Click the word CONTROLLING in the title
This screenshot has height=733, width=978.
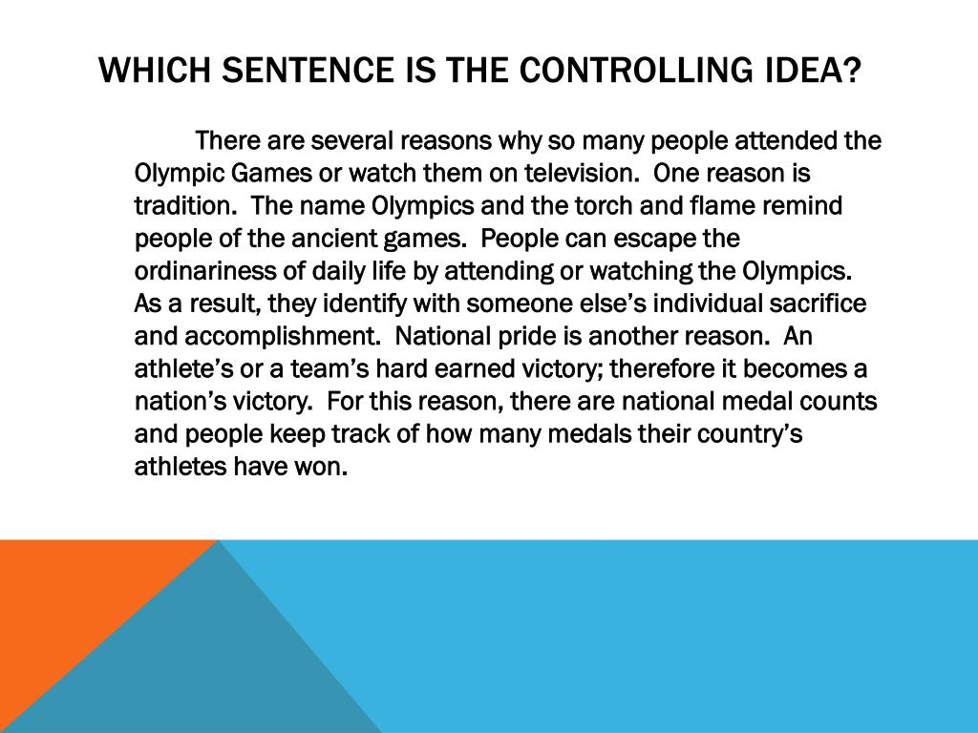[635, 69]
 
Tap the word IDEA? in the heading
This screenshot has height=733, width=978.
[812, 69]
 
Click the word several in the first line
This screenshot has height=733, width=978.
[351, 141]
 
